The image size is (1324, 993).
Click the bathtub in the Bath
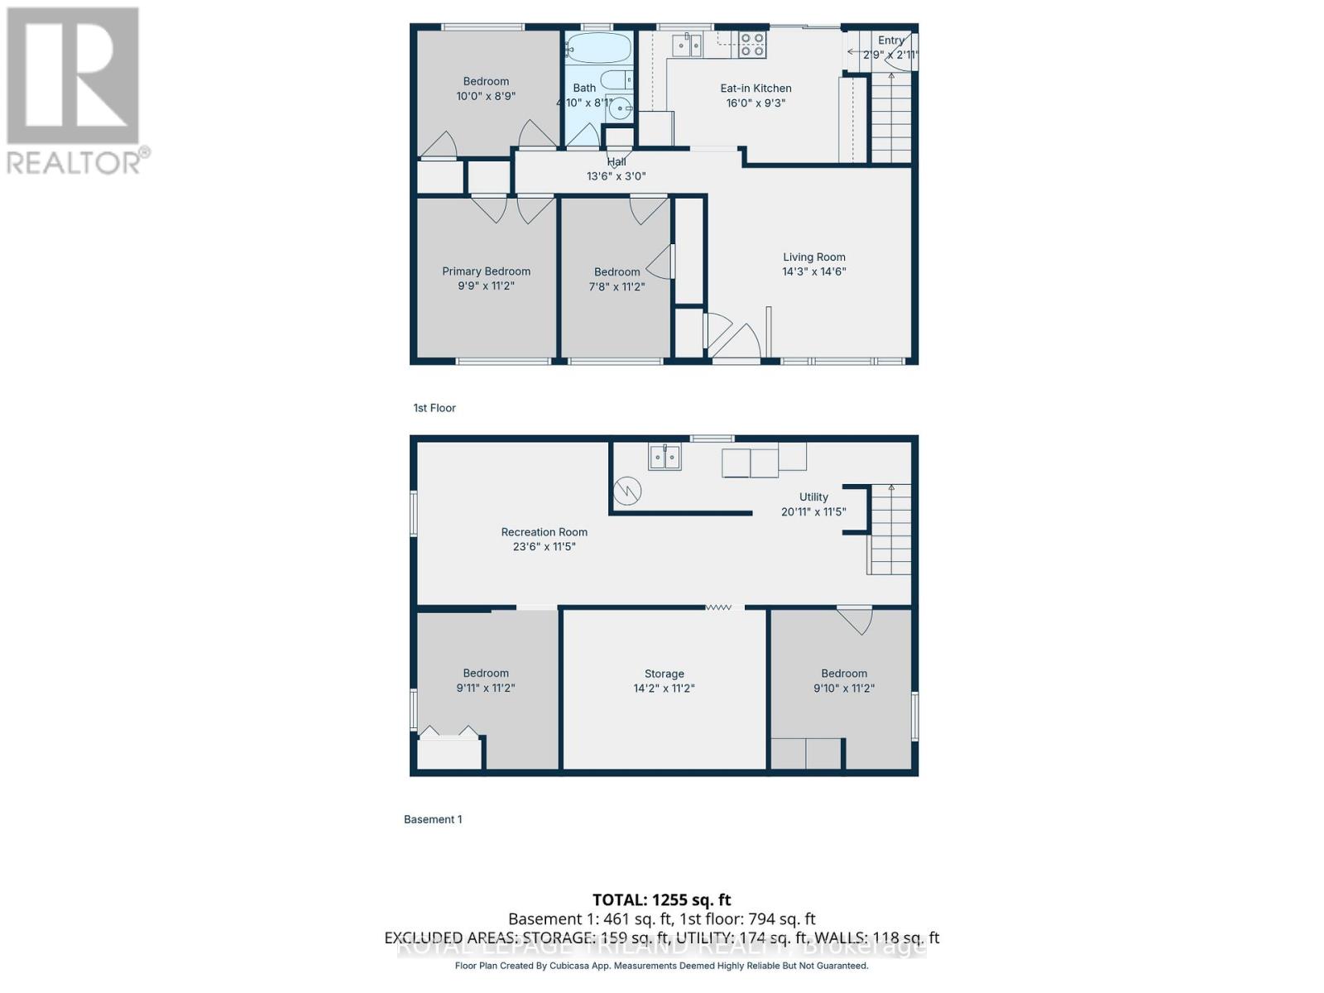point(598,48)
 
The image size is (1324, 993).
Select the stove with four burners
point(752,44)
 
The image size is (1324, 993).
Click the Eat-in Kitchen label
point(756,89)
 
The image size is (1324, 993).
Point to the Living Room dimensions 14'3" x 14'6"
point(814,271)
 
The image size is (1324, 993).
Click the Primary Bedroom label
point(486,271)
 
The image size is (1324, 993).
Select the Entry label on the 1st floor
point(891,41)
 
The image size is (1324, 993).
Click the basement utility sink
point(664,457)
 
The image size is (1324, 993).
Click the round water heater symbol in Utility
point(627,492)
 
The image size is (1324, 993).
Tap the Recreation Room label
point(544,532)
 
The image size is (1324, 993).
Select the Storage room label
point(664,674)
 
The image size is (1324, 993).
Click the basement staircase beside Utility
point(890,530)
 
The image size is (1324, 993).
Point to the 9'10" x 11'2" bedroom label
point(844,688)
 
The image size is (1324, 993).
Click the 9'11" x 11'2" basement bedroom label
point(486,688)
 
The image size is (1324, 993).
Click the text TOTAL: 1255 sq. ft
point(661,899)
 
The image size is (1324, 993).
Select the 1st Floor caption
point(434,408)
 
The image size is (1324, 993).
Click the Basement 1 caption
point(433,819)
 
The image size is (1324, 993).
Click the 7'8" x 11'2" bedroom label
point(616,286)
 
